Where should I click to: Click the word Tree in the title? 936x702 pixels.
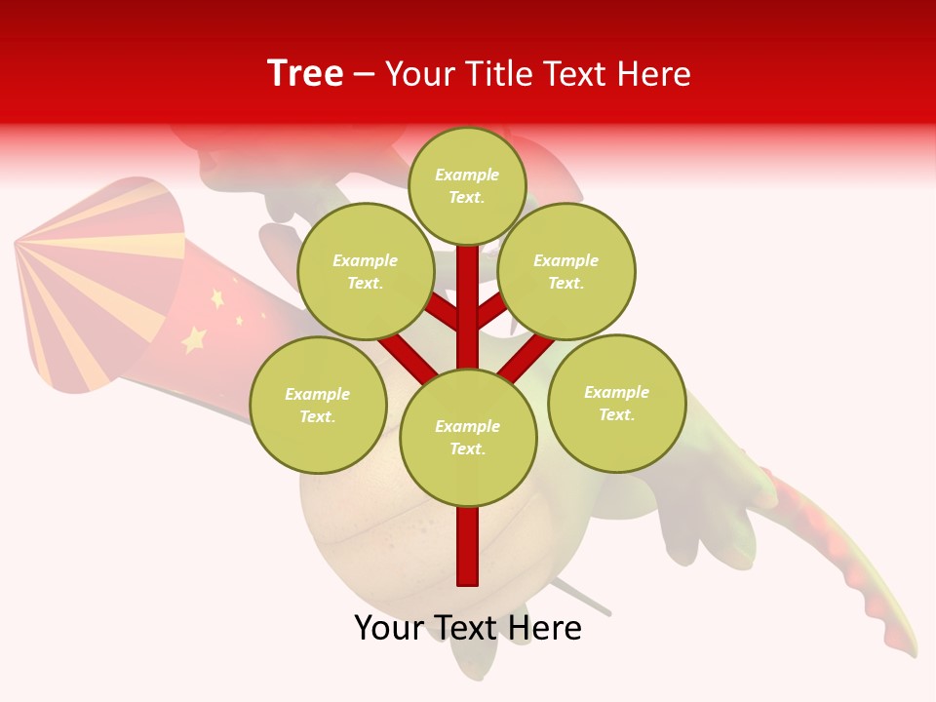pos(305,74)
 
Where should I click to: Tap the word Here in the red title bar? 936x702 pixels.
pos(653,74)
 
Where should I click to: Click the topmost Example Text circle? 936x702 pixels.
pos(467,186)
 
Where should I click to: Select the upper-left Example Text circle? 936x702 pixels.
pos(366,272)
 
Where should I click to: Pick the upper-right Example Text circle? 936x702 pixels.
pos(566,272)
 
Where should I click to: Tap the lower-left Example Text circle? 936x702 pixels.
pos(318,406)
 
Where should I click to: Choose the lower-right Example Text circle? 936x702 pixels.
pos(616,404)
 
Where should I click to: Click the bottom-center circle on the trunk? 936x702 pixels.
pos(468,438)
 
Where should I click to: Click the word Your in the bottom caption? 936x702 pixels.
pos(389,628)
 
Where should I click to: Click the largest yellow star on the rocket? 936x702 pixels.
pos(194,338)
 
